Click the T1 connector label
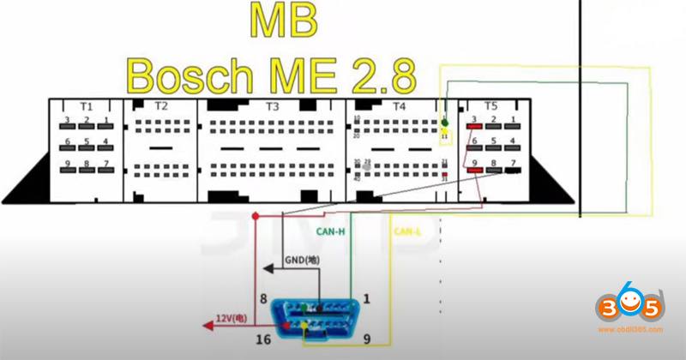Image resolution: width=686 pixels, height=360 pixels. tap(87, 105)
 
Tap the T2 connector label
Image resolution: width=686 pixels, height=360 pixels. tap(161, 105)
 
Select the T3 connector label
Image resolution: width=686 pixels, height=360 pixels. tap(272, 106)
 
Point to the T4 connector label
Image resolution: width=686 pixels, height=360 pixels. tap(399, 106)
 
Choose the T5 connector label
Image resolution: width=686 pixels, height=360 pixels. tap(490, 105)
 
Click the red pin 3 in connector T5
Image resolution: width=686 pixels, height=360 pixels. tap(473, 126)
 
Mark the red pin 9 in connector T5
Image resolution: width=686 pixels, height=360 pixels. tap(473, 170)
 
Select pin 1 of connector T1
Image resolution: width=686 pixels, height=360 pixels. tap(105, 126)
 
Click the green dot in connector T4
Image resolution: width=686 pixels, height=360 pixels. tap(444, 123)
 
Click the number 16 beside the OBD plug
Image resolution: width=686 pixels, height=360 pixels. tap(265, 340)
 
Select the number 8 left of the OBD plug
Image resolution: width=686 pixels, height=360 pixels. tap(264, 299)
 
